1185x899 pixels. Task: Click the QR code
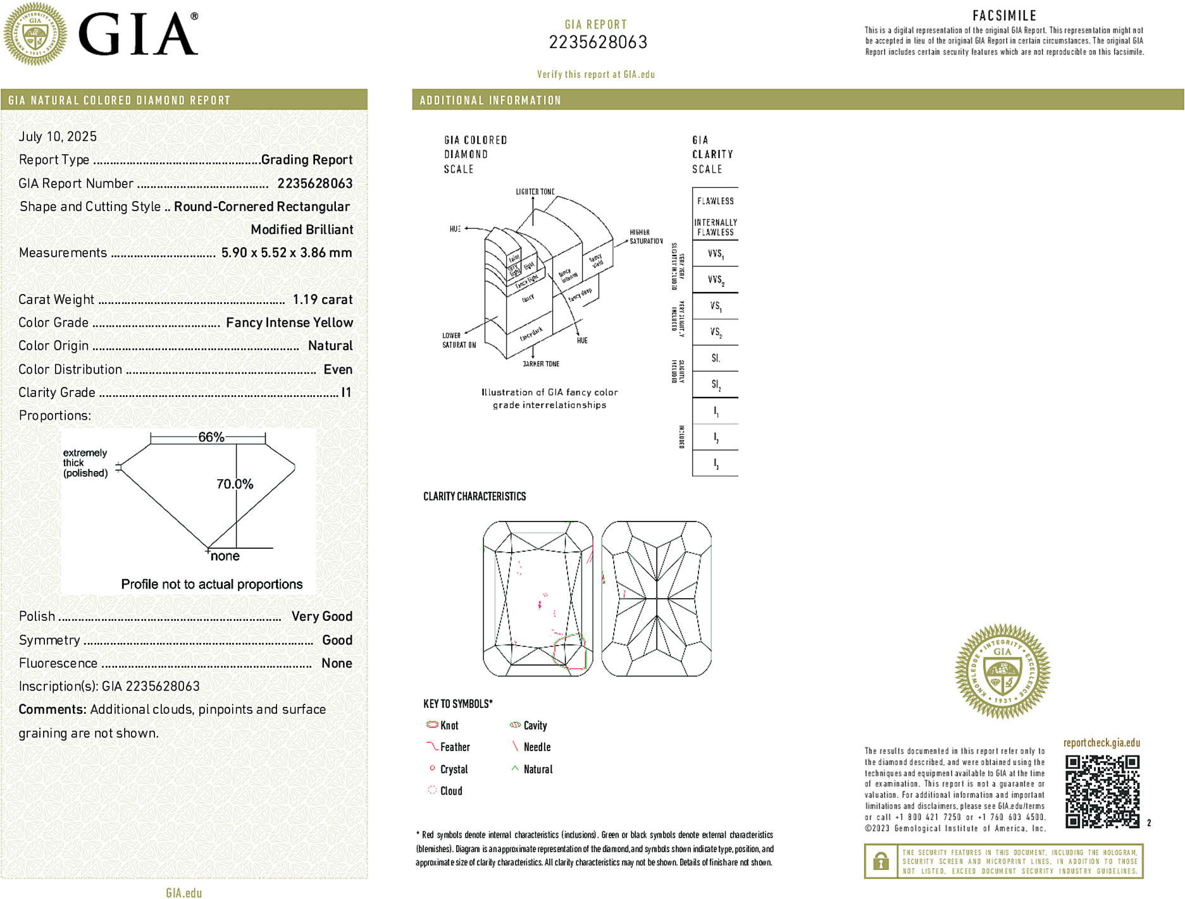pos(1102,791)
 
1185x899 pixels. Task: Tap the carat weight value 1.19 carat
pos(322,300)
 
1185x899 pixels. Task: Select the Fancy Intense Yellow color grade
pos(289,322)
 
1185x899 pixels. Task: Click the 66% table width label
pos(211,437)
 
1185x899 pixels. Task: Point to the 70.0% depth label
pos(235,484)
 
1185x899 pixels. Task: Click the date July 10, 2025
pos(58,137)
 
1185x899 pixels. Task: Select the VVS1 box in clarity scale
pos(716,254)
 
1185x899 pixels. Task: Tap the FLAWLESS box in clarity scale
pos(716,201)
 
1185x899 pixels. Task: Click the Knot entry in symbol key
pos(449,726)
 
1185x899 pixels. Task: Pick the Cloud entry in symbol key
pos(450,791)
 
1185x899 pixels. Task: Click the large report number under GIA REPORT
pos(598,42)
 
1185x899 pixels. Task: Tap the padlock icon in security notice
pos(881,861)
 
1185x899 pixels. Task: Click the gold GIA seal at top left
pos(35,34)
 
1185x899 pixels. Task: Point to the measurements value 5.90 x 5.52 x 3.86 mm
pos(286,253)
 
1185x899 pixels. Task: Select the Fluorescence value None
pos(337,663)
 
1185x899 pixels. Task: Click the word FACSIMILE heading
pos(1004,16)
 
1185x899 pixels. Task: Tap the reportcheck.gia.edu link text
pos(1101,743)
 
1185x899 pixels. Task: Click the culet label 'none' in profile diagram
pos(225,556)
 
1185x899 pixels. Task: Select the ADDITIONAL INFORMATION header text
pos(490,101)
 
